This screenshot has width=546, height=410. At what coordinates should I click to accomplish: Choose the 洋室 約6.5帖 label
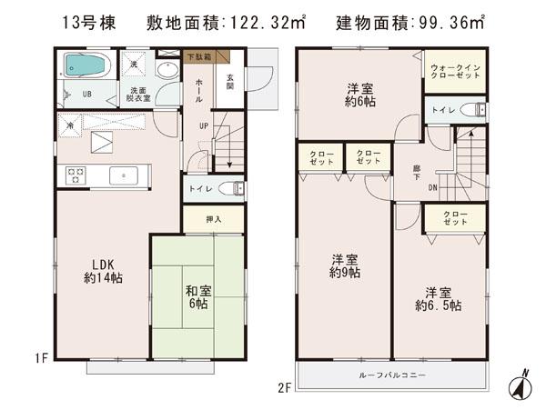(440, 299)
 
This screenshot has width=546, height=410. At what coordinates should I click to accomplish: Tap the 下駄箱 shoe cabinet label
(197, 57)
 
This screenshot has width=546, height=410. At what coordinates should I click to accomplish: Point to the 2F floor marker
(283, 386)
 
